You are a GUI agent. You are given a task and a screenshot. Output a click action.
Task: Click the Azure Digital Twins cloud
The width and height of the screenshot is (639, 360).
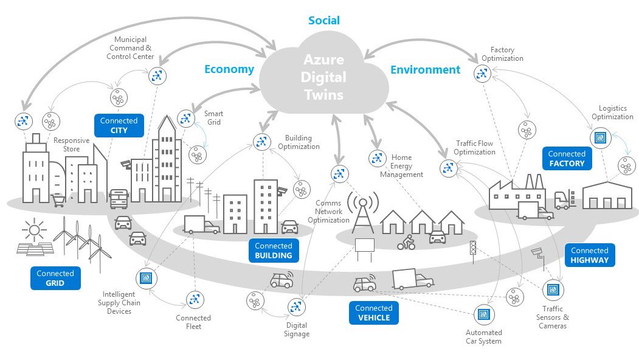point(325,77)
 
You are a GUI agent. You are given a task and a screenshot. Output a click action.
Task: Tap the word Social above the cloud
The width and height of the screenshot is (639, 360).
point(324,21)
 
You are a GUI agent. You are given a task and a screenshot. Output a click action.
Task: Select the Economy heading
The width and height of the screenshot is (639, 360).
point(229,69)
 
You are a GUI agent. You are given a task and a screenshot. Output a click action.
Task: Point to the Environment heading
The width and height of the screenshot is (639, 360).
point(425,69)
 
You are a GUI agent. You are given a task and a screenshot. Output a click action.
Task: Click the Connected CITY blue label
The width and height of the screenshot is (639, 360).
point(119,125)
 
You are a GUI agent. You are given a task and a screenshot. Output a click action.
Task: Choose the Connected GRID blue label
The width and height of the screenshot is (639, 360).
point(55,278)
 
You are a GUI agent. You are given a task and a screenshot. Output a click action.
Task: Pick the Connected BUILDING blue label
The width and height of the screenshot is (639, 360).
point(274,251)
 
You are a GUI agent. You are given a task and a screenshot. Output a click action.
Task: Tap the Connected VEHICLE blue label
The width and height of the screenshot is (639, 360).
point(374,313)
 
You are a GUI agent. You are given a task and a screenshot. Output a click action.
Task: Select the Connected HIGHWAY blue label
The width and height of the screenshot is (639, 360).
point(589,255)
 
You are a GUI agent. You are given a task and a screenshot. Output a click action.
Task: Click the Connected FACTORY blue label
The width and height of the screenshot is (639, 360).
point(567,159)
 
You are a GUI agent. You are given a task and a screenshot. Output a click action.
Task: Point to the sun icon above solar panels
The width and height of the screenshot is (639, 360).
point(33,230)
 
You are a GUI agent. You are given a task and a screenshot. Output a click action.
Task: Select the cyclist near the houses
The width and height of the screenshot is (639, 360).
point(406,243)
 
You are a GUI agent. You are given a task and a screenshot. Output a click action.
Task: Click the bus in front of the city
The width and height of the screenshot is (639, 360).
point(119,198)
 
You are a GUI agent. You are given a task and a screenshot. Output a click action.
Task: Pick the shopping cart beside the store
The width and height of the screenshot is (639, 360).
point(58,201)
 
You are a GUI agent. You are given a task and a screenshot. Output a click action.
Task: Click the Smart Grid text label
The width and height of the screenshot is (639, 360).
point(213,118)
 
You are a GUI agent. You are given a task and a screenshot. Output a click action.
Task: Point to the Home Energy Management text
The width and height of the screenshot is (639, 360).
point(401,166)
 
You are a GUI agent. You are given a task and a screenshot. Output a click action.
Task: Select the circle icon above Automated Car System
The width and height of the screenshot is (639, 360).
point(483,314)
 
